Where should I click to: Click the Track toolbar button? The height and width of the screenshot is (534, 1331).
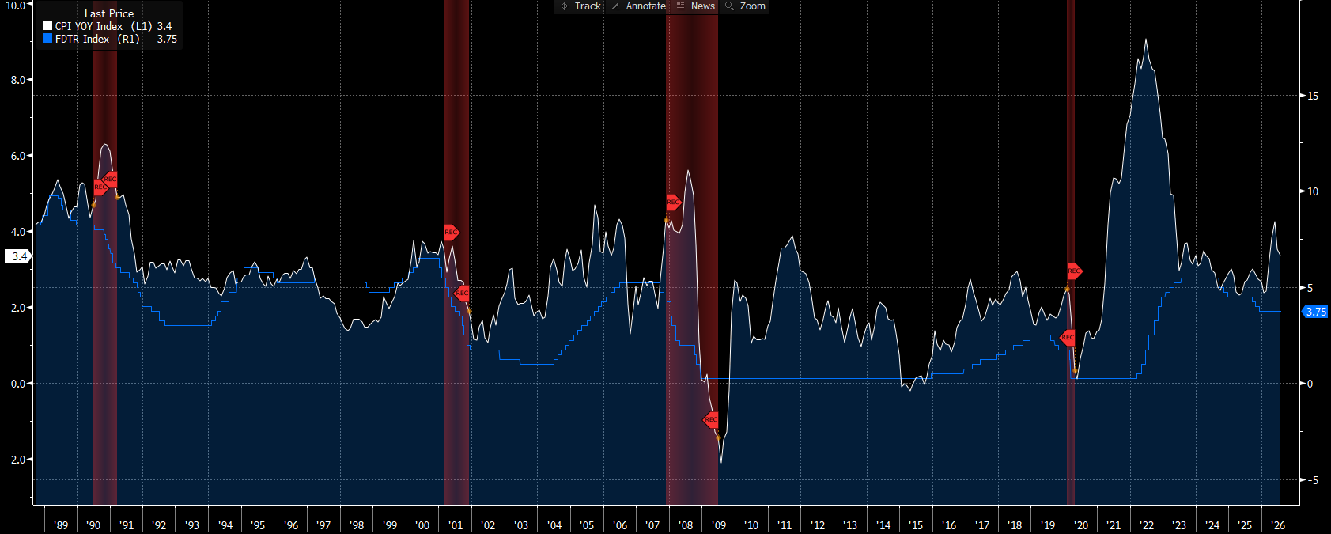tap(580, 6)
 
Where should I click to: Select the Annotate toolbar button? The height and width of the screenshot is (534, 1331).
tap(639, 6)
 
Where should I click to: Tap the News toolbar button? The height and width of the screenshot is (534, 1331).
tap(696, 6)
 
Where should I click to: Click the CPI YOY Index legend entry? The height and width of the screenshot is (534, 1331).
tap(107, 26)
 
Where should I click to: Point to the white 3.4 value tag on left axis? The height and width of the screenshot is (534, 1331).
tap(18, 257)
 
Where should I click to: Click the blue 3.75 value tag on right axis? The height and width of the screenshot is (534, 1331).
tap(1315, 312)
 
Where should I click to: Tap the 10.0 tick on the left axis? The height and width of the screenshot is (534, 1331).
tap(15, 6)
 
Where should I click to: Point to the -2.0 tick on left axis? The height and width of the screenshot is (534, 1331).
tap(16, 460)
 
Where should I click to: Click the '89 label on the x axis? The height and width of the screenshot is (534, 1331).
tap(60, 525)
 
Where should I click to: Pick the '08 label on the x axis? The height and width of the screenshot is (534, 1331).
tap(685, 525)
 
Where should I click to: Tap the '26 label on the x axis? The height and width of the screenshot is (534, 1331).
tap(1277, 525)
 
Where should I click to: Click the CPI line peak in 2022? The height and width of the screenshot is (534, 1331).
tap(1146, 40)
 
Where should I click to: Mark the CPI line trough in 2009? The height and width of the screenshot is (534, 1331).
tap(721, 462)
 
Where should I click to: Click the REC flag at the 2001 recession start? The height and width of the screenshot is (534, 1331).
tap(452, 232)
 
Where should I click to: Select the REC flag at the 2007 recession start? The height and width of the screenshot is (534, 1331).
tap(673, 203)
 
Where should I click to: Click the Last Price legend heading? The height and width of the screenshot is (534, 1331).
tap(108, 13)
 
